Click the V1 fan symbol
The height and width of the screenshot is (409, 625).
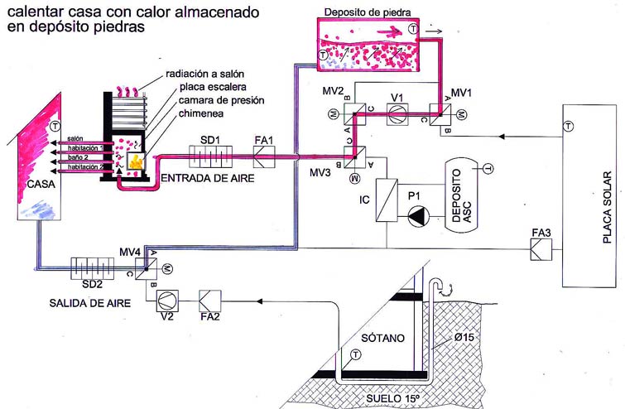[x=397, y=115]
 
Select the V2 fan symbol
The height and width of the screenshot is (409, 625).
[x=167, y=301]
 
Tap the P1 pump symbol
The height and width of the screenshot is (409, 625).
[x=418, y=216]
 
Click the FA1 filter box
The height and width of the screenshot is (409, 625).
[x=264, y=157]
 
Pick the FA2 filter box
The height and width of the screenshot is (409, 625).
[x=210, y=301]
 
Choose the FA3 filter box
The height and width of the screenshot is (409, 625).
[x=541, y=249]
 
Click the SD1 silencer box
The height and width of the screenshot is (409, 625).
[x=210, y=156]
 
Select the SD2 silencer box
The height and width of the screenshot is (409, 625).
[x=93, y=268]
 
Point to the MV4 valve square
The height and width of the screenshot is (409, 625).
[x=146, y=269]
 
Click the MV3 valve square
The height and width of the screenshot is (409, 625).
[x=355, y=157]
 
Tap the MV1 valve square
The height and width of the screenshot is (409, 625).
[x=440, y=115]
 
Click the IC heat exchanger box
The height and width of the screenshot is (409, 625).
[x=387, y=200]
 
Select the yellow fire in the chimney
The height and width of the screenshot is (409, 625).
[x=136, y=162]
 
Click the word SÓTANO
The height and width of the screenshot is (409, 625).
[x=382, y=338]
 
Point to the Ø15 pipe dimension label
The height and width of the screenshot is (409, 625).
[x=464, y=337]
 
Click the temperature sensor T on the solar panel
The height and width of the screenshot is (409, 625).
[x=568, y=127]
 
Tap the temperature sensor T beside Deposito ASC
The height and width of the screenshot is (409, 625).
[x=488, y=169]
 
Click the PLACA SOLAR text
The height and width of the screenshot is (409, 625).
[x=607, y=207]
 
